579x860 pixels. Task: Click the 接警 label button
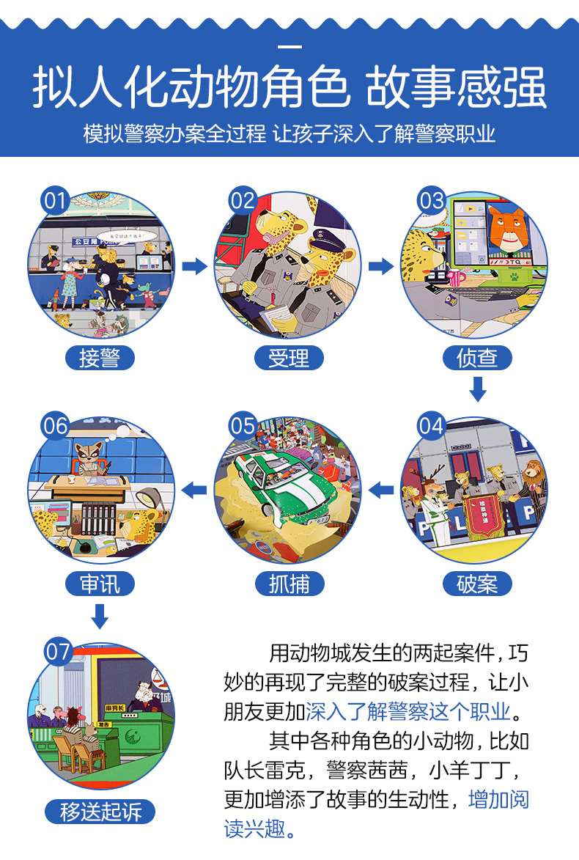[100, 358]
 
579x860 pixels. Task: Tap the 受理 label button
[289, 358]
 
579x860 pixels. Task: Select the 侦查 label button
[477, 358]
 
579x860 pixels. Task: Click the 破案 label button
[477, 584]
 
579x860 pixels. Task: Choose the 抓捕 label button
[289, 584]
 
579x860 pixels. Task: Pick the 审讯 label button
[100, 584]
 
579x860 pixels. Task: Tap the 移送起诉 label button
[100, 811]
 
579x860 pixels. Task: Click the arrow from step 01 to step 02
[194, 266]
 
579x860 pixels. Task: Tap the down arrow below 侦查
[477, 389]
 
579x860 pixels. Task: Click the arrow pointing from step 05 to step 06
[194, 489]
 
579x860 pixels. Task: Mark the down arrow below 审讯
[100, 615]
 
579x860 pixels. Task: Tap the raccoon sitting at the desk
[91, 458]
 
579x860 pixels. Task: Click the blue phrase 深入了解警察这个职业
[408, 711]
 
